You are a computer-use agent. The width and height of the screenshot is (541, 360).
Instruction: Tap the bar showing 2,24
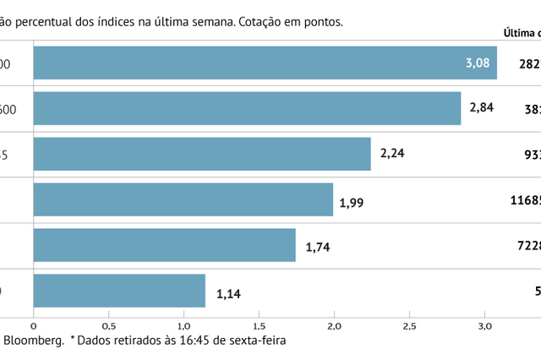[201, 154]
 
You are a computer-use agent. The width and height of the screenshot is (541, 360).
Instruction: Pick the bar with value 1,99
[182, 199]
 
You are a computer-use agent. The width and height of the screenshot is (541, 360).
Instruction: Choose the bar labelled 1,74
[164, 245]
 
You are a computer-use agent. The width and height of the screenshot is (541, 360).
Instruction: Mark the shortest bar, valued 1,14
[118, 291]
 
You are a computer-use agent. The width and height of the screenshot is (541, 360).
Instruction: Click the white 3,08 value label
[478, 63]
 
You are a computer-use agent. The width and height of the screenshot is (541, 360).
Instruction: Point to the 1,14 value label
[229, 294]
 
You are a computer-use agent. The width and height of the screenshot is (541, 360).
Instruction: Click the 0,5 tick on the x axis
[109, 325]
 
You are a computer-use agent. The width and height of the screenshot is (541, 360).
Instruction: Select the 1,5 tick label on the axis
[259, 325]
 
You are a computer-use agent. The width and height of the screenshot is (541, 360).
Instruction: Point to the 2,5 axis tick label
[409, 325]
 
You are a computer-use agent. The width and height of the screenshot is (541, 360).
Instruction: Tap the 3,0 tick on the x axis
[484, 325]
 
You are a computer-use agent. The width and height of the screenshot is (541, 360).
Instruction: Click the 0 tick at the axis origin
[34, 325]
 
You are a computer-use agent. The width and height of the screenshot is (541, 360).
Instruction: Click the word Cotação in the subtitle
[264, 22]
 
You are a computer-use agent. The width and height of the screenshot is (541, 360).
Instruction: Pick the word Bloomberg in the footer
[34, 341]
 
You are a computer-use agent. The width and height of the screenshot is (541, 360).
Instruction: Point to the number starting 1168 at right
[525, 200]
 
